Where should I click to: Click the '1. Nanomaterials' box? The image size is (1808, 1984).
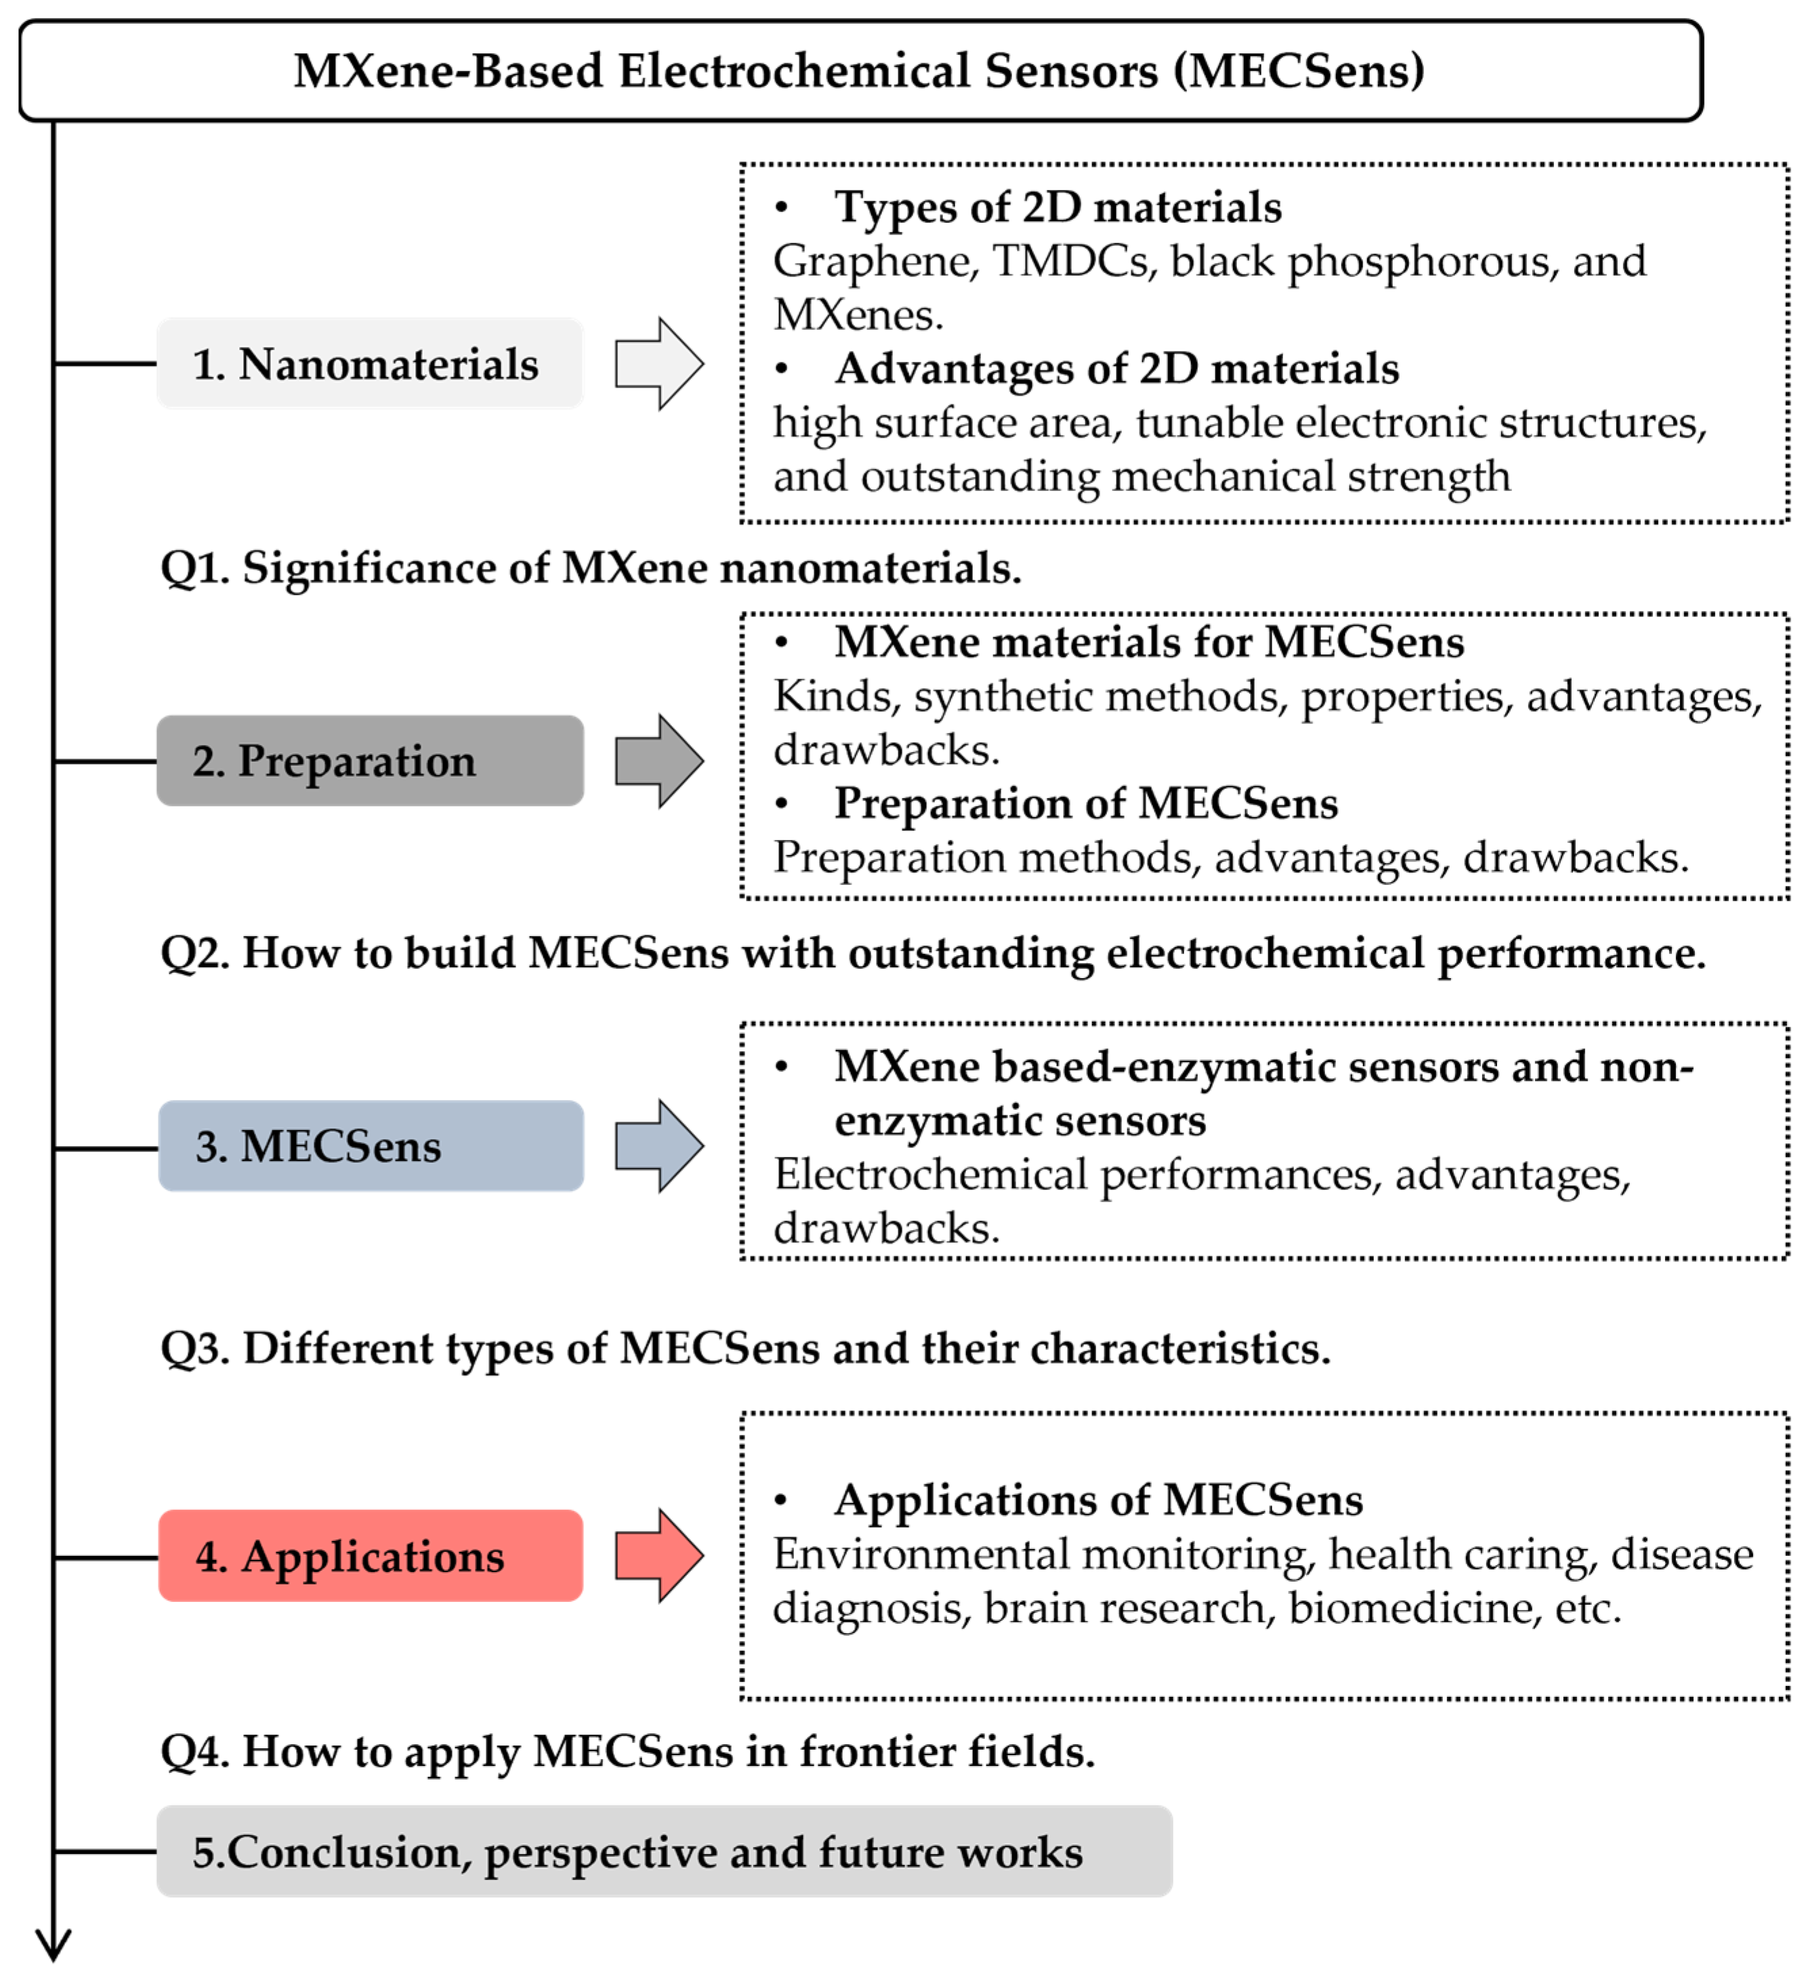pyautogui.click(x=369, y=363)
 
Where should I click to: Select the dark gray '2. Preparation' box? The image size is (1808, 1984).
pyautogui.click(x=369, y=761)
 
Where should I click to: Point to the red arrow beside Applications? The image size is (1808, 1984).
pyautogui.click(x=658, y=1556)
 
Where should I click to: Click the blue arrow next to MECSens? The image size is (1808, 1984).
pyautogui.click(x=658, y=1147)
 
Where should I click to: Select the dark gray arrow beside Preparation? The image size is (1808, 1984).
pyautogui.click(x=658, y=761)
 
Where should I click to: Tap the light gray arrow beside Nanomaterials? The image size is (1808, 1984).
pyautogui.click(x=658, y=363)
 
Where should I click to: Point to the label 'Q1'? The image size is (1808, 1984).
pyautogui.click(x=193, y=569)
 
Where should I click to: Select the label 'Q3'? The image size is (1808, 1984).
pyautogui.click(x=193, y=1348)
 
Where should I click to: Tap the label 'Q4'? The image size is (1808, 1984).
pyautogui.click(x=193, y=1752)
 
